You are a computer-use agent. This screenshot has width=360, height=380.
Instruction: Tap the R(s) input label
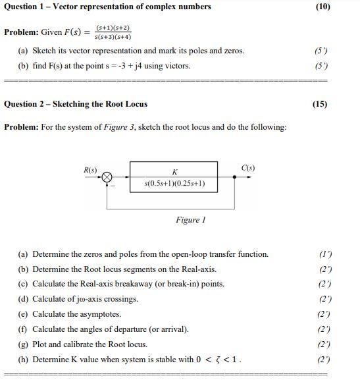[90, 170]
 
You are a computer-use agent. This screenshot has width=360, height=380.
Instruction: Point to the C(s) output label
[248, 169]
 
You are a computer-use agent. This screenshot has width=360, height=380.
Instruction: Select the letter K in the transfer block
[174, 172]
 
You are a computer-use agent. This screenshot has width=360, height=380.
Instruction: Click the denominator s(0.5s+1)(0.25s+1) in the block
[174, 184]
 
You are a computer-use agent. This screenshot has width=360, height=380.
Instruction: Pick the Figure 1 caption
[191, 220]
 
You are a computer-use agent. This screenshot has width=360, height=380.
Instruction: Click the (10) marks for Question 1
[322, 7]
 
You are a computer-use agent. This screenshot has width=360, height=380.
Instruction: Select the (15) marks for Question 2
[321, 104]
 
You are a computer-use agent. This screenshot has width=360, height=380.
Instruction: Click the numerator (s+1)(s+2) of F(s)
[113, 28]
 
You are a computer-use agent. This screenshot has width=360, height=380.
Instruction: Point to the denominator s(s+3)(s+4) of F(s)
[113, 37]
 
